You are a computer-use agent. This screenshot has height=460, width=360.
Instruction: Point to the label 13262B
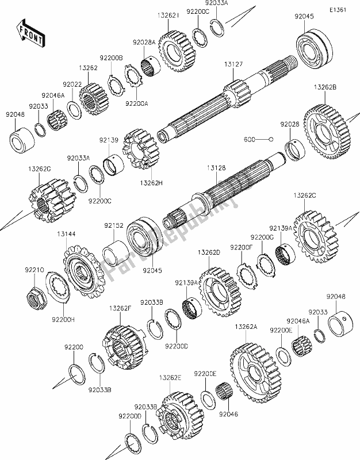325,88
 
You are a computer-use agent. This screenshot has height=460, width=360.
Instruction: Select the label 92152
113,227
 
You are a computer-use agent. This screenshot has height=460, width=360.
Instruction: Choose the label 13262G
39,168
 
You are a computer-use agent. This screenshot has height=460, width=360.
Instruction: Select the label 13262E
170,378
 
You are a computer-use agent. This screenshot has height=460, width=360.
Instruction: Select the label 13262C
304,196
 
